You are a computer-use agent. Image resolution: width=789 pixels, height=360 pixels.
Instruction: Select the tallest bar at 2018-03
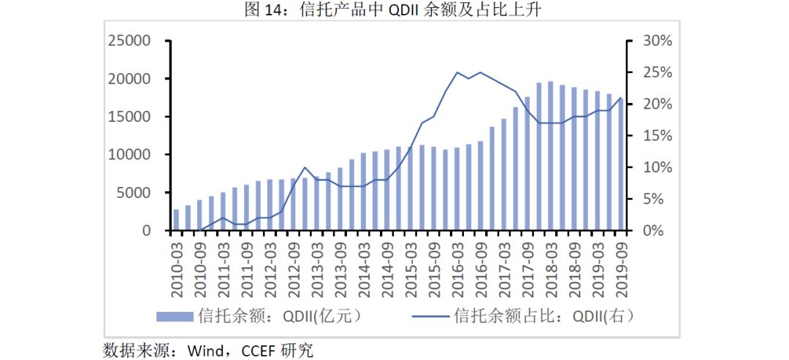click(550, 156)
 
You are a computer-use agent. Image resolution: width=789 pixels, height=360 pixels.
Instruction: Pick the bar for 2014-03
click(363, 191)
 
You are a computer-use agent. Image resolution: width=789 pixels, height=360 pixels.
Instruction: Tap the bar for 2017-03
click(503, 175)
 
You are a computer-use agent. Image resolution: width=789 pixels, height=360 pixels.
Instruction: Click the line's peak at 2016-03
click(457, 72)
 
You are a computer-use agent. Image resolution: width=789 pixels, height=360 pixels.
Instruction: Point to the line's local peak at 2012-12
click(305, 168)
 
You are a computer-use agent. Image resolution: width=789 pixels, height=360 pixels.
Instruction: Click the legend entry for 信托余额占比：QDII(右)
click(522, 316)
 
